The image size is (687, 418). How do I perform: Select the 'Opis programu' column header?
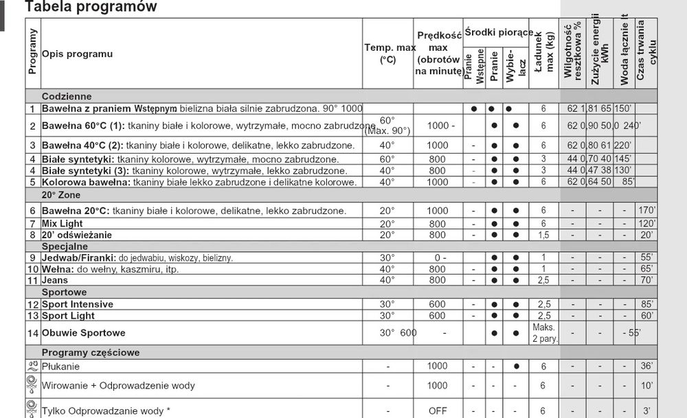77,54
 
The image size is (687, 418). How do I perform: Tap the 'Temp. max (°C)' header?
387,53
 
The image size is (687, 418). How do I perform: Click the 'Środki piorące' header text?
498,32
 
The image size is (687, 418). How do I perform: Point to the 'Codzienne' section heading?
66,97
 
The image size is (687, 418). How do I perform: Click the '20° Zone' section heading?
60,195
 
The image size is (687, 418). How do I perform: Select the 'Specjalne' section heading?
65,246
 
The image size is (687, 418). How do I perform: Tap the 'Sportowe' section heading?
64,292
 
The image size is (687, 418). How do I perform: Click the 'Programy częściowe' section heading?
90,352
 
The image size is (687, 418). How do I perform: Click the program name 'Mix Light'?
63,224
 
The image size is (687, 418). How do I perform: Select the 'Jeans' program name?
55,280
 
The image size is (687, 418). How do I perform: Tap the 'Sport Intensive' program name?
78,304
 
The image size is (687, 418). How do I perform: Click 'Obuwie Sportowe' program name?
83,333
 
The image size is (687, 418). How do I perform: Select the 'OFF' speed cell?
438,410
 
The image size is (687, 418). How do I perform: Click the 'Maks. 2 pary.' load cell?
543,333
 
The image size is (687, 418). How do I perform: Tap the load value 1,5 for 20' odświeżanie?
543,235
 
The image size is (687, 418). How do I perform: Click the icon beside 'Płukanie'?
32,366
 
